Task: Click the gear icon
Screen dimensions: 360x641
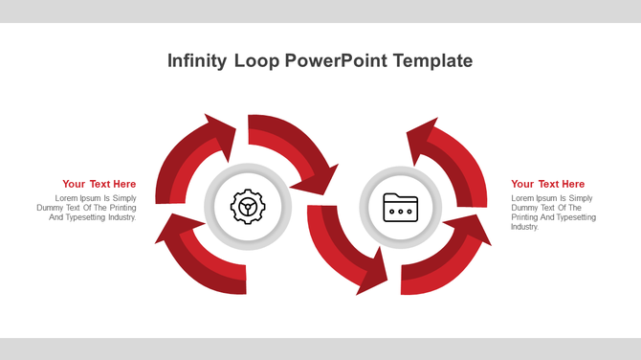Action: (x=247, y=205)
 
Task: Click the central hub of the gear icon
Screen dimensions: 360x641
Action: (x=247, y=205)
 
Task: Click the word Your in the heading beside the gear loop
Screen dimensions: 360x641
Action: (x=74, y=184)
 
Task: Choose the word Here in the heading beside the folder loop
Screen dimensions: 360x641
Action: (x=573, y=184)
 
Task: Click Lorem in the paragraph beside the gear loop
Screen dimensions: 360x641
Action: (x=67, y=198)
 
